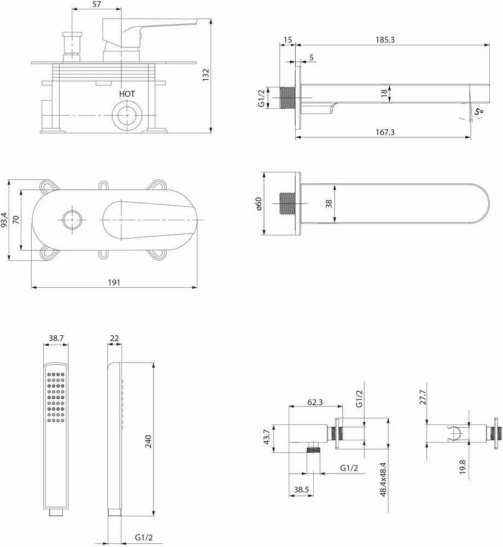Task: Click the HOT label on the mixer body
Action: [126, 94]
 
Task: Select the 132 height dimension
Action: [206, 75]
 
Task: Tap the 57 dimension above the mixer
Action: [97, 4]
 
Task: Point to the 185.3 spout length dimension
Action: [385, 40]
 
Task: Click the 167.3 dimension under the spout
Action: [385, 132]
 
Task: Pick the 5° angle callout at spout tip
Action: [478, 112]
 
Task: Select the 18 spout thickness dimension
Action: [384, 93]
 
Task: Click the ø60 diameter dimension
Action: [258, 203]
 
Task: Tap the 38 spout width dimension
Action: [329, 203]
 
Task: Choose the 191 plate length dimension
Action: [114, 282]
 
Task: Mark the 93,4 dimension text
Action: [4, 220]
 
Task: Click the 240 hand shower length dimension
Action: [148, 441]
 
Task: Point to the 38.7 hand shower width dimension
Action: [56, 338]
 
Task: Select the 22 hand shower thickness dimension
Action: [114, 338]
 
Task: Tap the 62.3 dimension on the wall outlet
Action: [315, 402]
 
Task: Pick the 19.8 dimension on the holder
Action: [463, 467]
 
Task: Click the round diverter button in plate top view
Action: [72, 220]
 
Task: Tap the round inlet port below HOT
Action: [127, 115]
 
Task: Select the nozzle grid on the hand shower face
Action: [56, 397]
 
